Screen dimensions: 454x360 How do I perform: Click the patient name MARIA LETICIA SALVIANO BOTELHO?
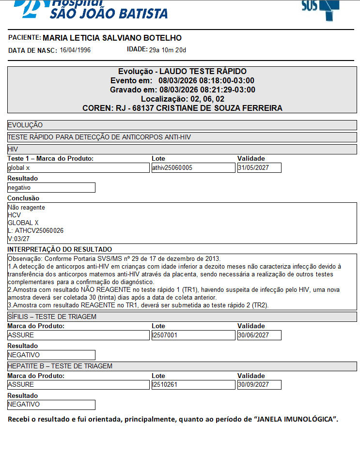coord(112,38)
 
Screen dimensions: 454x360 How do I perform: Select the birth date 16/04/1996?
coord(75,50)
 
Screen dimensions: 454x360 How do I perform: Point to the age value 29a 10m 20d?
coord(167,50)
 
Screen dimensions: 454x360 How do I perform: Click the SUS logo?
coord(320,7)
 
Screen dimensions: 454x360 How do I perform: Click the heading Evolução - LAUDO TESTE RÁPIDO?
coord(182,72)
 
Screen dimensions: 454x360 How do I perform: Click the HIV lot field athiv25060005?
coord(193,168)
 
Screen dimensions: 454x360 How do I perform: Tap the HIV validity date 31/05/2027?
coord(259,168)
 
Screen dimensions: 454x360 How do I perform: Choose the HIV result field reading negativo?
coord(51,188)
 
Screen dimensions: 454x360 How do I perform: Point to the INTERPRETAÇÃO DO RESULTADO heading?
coord(60,249)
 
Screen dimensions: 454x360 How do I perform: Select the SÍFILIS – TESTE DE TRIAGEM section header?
coord(52,317)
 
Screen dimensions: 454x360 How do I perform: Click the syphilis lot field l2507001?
coord(193,335)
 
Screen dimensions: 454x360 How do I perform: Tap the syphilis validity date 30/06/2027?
coord(259,335)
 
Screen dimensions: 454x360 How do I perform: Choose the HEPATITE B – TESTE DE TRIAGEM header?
coord(60,366)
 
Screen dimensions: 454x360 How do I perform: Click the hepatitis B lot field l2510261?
coord(193,385)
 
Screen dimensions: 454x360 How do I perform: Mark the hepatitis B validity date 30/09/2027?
coord(259,385)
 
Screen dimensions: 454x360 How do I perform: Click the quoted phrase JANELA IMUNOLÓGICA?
coord(296,419)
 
